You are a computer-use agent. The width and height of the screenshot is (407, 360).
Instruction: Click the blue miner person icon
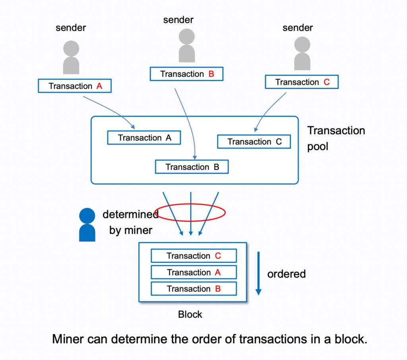tap(87, 225)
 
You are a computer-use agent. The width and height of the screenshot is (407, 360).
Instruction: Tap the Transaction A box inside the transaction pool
tap(144, 138)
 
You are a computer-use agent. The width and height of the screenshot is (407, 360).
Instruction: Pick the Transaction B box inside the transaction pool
tap(192, 167)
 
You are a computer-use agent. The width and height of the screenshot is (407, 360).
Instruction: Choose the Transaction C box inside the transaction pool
tap(254, 142)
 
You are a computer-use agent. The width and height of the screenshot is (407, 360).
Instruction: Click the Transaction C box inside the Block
tap(194, 256)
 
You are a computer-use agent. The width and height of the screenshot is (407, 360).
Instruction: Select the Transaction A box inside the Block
tap(194, 273)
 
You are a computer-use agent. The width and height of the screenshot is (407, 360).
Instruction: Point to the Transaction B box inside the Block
tap(194, 289)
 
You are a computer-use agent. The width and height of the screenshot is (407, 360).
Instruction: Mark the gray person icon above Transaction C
tap(302, 53)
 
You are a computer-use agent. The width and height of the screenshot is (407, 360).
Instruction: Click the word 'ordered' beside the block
tap(286, 274)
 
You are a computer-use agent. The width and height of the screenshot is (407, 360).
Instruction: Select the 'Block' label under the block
tap(190, 314)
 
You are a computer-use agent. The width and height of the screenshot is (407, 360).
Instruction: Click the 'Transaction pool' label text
tap(336, 138)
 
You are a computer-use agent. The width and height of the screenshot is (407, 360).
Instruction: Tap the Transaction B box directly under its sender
tap(186, 74)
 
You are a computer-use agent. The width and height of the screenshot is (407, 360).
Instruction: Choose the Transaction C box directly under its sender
tap(302, 82)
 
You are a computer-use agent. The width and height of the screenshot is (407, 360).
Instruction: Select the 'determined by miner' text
tap(130, 222)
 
